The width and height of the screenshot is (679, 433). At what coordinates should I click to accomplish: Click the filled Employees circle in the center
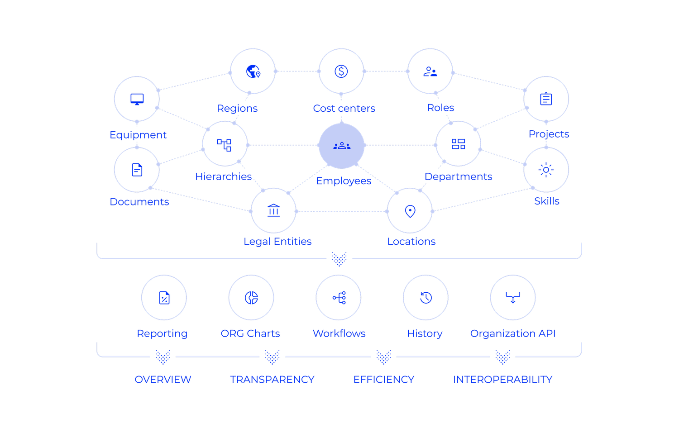click(x=341, y=145)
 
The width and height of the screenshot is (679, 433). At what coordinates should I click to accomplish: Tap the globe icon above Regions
click(x=253, y=71)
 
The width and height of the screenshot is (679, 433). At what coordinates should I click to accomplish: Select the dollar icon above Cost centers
click(x=341, y=71)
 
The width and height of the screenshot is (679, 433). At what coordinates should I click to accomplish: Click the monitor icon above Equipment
click(x=136, y=99)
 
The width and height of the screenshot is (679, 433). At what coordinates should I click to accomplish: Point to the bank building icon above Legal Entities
click(x=273, y=210)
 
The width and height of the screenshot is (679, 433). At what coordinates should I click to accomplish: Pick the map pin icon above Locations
click(x=410, y=211)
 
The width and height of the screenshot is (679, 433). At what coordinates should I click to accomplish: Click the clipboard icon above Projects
click(x=546, y=99)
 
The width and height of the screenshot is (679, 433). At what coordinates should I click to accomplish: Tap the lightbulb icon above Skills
click(x=546, y=170)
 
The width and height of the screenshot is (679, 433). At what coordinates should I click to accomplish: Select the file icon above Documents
click(x=136, y=170)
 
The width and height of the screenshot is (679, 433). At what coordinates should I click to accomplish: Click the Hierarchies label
click(x=224, y=176)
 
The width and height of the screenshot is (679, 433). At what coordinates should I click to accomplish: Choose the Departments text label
click(x=459, y=176)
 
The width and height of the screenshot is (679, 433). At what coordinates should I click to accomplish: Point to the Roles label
click(x=440, y=108)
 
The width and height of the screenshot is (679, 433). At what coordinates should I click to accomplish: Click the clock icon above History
click(x=426, y=297)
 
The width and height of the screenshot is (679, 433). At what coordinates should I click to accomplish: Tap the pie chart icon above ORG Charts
click(x=251, y=297)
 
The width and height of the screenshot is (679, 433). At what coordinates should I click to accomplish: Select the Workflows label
click(x=339, y=333)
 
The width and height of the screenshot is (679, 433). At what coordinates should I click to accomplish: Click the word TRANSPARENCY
click(x=272, y=379)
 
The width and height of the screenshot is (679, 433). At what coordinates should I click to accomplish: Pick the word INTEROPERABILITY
click(x=503, y=379)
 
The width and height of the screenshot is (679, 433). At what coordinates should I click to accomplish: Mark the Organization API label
click(x=512, y=333)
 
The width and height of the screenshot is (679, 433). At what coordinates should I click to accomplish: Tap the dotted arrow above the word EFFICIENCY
click(x=383, y=357)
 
